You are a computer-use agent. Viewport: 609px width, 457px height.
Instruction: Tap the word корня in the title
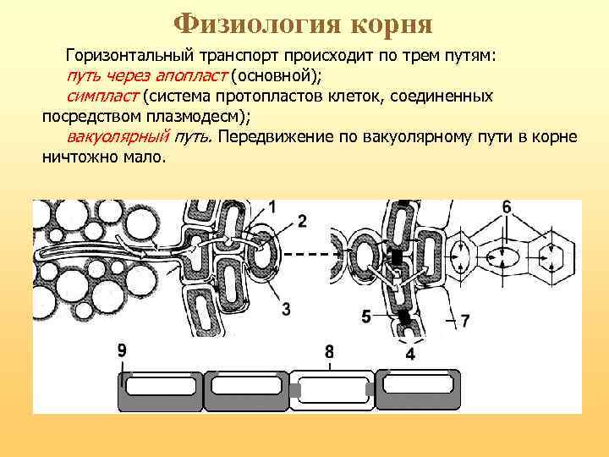[390, 22]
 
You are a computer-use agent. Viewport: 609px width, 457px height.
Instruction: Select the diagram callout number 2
[302, 221]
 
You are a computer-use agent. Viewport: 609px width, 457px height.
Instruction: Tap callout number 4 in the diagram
[410, 354]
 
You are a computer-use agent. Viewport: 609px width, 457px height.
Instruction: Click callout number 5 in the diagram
[365, 317]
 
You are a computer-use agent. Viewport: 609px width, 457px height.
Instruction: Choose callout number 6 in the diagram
[506, 207]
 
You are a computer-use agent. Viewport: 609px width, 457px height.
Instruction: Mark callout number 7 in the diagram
[464, 320]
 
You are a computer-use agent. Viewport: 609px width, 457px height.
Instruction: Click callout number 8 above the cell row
[329, 350]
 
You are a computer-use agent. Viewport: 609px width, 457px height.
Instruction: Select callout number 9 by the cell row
[123, 350]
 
